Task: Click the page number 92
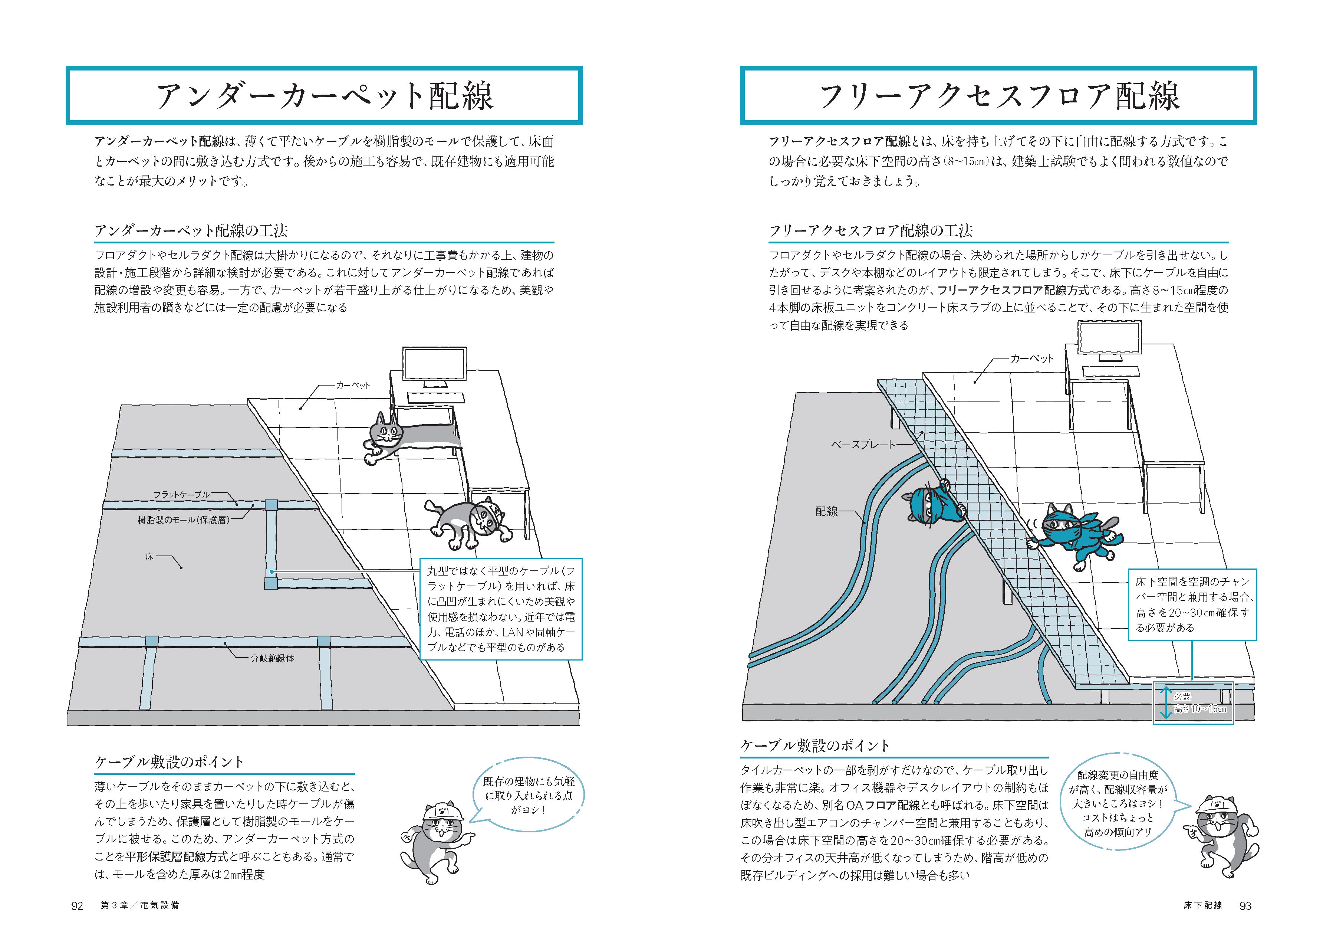click(x=77, y=905)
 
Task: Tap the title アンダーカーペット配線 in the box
click(x=324, y=96)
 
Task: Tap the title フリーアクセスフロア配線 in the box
click(x=998, y=96)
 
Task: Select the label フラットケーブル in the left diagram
click(x=181, y=495)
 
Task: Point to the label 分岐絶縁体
click(x=273, y=658)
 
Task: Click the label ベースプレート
click(x=863, y=444)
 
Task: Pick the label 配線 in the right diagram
click(x=826, y=511)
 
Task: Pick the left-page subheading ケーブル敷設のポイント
click(x=169, y=761)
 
